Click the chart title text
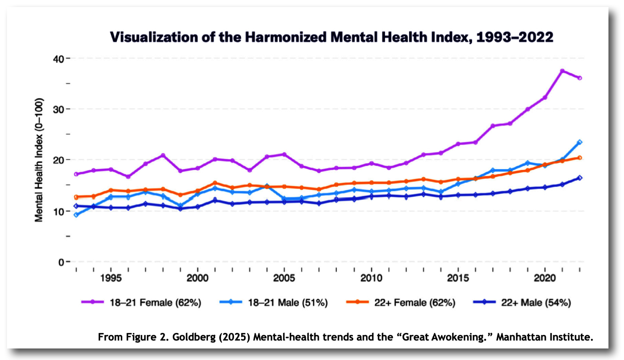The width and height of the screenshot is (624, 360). (331, 37)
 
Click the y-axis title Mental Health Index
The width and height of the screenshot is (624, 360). (39, 160)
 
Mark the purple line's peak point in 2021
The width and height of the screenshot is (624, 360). (562, 71)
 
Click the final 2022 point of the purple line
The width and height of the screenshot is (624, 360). (580, 78)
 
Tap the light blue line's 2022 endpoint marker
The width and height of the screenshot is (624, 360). (580, 142)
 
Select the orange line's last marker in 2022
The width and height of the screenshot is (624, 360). (580, 158)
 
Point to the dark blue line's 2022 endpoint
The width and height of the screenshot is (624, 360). (580, 178)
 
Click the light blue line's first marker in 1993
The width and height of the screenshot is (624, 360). (76, 215)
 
